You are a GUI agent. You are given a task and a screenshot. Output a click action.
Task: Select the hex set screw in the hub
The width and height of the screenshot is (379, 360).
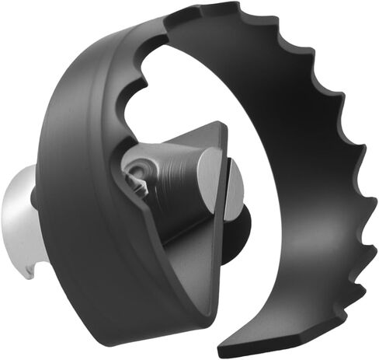pos(137,173)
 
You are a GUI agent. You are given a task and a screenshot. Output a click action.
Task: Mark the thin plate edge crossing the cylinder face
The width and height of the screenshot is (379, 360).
pos(225,194)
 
